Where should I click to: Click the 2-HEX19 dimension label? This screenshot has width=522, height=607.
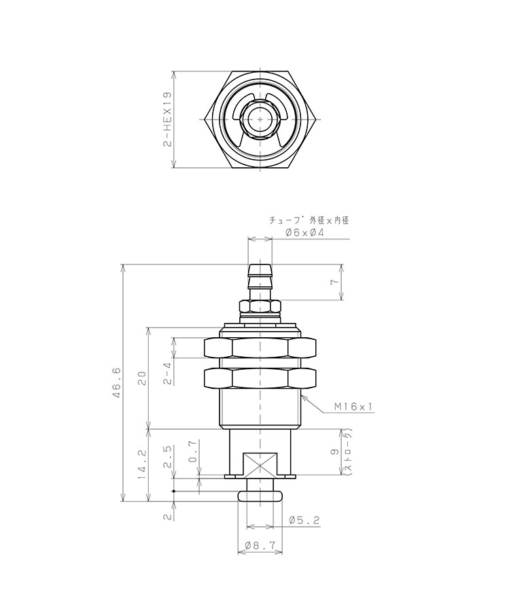point(167,120)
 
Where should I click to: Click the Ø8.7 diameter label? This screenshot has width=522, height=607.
point(260,545)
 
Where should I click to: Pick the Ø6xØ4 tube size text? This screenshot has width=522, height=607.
point(304,232)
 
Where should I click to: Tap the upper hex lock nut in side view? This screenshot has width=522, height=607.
point(260,348)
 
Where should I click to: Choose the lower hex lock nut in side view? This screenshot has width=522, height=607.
point(260,379)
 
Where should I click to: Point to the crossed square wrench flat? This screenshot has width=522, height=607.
point(260,466)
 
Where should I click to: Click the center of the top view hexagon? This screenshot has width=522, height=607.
point(260,120)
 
